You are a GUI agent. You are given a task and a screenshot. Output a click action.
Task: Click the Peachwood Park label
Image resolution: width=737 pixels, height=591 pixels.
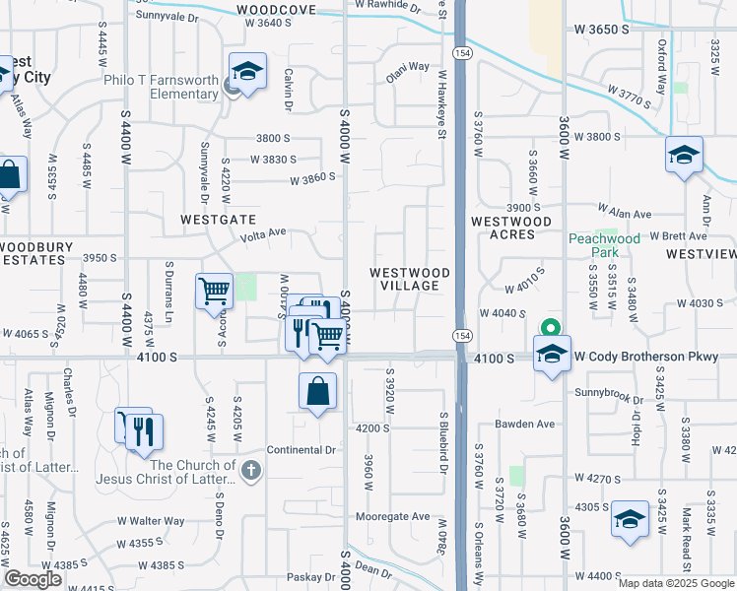pyautogui.click(x=605, y=245)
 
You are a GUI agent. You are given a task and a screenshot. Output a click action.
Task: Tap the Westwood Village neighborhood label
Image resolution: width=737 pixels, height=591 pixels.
pyautogui.click(x=410, y=279)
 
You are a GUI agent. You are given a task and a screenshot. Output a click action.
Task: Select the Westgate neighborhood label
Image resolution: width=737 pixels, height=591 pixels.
pyautogui.click(x=218, y=220)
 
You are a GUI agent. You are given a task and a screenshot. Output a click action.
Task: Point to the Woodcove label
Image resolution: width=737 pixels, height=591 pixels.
pyautogui.click(x=277, y=10)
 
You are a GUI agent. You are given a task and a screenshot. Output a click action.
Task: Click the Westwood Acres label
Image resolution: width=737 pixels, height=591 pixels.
pyautogui.click(x=511, y=228)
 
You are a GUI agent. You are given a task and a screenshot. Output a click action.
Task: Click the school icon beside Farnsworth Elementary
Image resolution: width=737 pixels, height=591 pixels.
pyautogui.click(x=248, y=72)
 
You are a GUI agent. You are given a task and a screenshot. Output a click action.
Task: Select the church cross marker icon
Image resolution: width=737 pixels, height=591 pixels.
pyautogui.click(x=251, y=471)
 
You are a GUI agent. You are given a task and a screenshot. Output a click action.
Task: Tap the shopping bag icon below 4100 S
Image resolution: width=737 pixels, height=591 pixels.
pyautogui.click(x=318, y=391)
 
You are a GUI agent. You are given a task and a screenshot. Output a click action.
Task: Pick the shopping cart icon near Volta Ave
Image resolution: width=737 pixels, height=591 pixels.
pyautogui.click(x=214, y=292)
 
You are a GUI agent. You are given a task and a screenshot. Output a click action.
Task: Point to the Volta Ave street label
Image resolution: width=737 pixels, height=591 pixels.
pyautogui.click(x=263, y=234)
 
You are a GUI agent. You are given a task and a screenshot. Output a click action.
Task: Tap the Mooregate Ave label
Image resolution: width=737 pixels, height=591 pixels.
pyautogui.click(x=393, y=516)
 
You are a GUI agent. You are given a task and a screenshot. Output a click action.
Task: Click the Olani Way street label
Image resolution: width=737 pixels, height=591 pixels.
pyautogui.click(x=407, y=67)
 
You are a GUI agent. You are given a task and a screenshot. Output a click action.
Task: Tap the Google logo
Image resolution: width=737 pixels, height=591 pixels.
pyautogui.click(x=33, y=579)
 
